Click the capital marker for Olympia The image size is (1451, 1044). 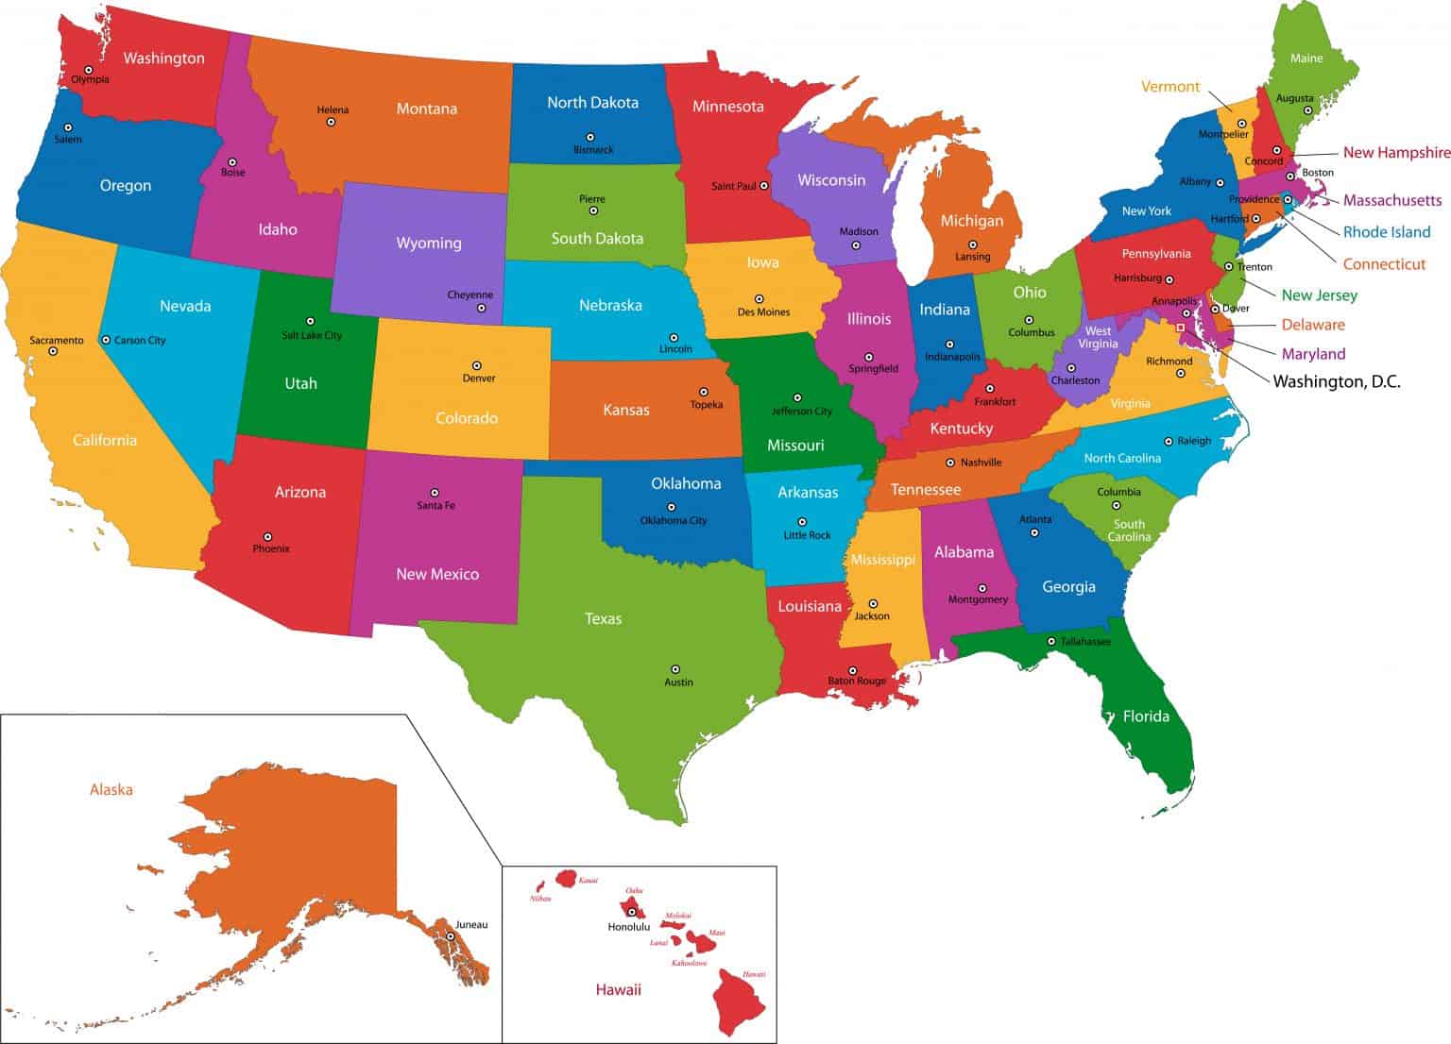(88, 69)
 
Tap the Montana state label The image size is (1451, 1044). (426, 109)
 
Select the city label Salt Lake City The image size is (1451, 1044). (312, 335)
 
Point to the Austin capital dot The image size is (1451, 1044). (674, 668)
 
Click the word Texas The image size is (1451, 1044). (603, 618)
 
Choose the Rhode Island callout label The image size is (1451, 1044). (1387, 232)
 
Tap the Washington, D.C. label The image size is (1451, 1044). (1337, 382)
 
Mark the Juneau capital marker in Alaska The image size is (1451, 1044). (451, 936)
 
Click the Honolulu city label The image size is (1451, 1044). (629, 927)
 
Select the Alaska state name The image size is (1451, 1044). (111, 789)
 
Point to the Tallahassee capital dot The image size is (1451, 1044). (1051, 642)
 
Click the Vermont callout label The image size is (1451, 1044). (1170, 87)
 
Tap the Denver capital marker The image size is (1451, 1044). (477, 365)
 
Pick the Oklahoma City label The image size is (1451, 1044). (674, 520)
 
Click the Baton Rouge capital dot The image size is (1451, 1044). (852, 670)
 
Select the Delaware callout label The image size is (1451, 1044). (1313, 325)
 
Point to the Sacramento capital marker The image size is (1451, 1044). (53, 351)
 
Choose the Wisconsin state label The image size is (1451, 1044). (831, 180)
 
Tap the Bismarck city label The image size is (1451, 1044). (593, 150)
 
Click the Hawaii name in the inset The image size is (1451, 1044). (618, 989)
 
